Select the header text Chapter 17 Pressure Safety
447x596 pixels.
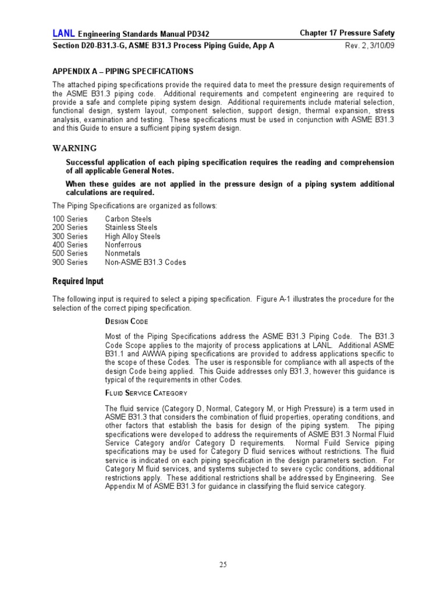pyautogui.click(x=346, y=34)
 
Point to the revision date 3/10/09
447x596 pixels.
pyautogui.click(x=379, y=47)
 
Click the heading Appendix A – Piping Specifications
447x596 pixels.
pyautogui.click(x=123, y=72)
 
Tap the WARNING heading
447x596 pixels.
pyautogui.click(x=74, y=148)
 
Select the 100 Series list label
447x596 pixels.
pyautogui.click(x=70, y=219)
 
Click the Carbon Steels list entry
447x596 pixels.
pyautogui.click(x=128, y=219)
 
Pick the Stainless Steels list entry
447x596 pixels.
pyautogui.click(x=131, y=228)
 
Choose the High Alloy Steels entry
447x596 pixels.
pyautogui.click(x=133, y=236)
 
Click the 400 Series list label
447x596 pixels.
pyautogui.click(x=70, y=245)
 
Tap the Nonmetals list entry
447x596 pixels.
pyautogui.click(x=123, y=253)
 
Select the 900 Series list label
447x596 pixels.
pyautogui.click(x=70, y=262)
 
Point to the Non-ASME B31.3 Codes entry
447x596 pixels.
pyautogui.click(x=146, y=262)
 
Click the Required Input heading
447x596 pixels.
pyautogui.click(x=78, y=282)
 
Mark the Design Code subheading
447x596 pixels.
pyautogui.click(x=126, y=322)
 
